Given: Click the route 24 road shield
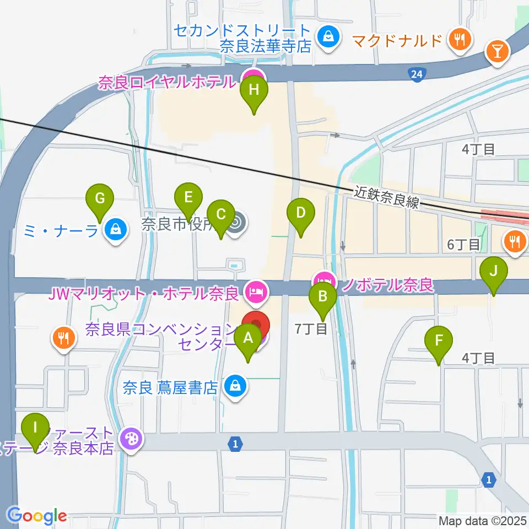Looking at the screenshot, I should coord(417,73).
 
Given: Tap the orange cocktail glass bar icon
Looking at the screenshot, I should coord(496,52).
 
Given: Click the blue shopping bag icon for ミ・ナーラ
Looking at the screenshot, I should coord(115,228).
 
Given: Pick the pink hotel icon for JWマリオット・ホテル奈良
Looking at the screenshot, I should coord(255,289).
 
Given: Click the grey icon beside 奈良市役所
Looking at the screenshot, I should coord(238,223).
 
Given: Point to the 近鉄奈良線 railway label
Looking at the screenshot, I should coord(387,197).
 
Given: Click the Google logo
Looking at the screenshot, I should coord(37,516).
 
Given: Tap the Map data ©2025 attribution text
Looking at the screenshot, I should coord(482,520).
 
